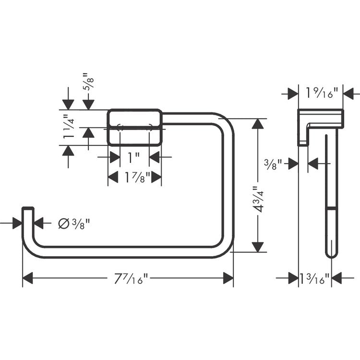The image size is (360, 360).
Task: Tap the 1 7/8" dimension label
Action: (x=137, y=177)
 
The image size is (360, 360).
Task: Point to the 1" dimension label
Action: (x=133, y=157)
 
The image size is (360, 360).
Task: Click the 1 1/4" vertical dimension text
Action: (x=69, y=127)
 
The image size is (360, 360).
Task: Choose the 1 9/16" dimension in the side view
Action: (x=322, y=93)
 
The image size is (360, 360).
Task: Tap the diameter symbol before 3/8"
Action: (x=64, y=223)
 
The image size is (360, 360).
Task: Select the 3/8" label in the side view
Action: (x=273, y=164)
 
